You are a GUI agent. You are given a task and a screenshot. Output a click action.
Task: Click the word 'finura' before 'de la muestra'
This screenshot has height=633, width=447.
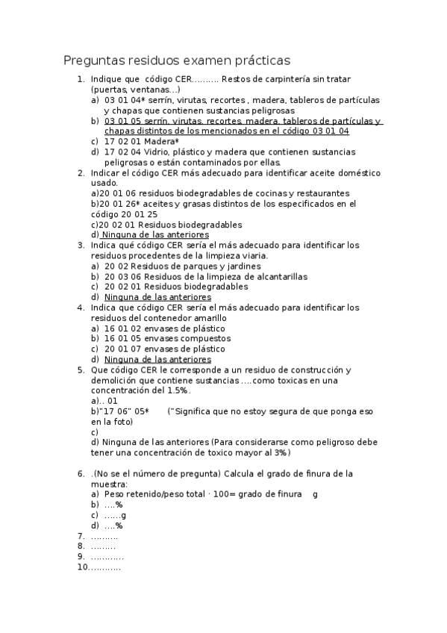(315, 473)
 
